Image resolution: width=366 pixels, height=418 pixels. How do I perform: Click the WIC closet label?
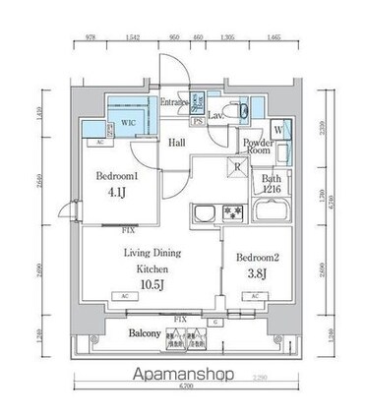pos(128,121)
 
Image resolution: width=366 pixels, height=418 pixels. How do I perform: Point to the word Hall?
pos(178,144)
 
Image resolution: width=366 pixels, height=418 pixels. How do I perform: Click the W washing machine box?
pos(278,129)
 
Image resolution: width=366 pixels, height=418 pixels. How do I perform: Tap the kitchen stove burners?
pos(233,213)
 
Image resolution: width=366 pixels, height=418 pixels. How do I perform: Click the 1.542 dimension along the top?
pos(133,36)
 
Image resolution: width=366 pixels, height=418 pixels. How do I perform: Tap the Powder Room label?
pos(259,146)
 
